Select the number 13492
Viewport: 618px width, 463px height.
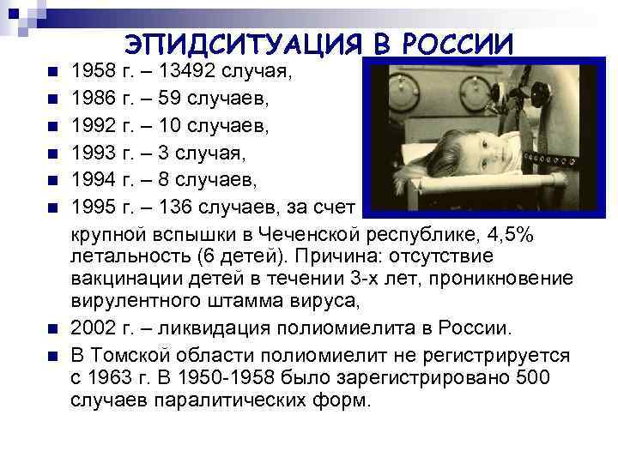pos(186,70)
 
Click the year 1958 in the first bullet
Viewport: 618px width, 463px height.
pos(94,70)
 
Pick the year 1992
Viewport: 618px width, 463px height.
pos(94,127)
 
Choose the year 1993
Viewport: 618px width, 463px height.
pos(94,155)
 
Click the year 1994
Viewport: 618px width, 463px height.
pos(94,183)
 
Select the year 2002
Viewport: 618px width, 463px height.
pos(94,328)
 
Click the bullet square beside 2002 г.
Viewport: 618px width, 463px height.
pos(52,329)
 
